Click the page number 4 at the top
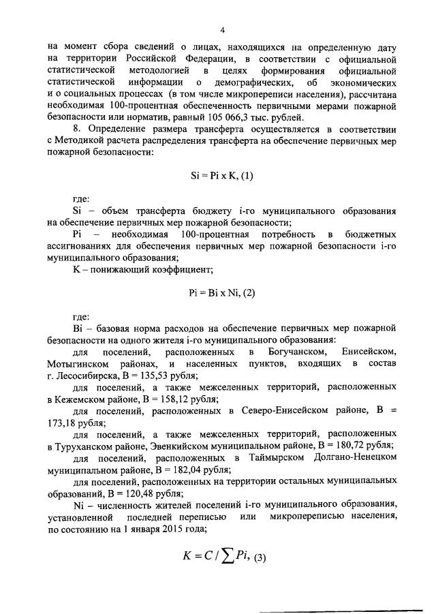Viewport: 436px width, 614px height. (222, 29)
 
